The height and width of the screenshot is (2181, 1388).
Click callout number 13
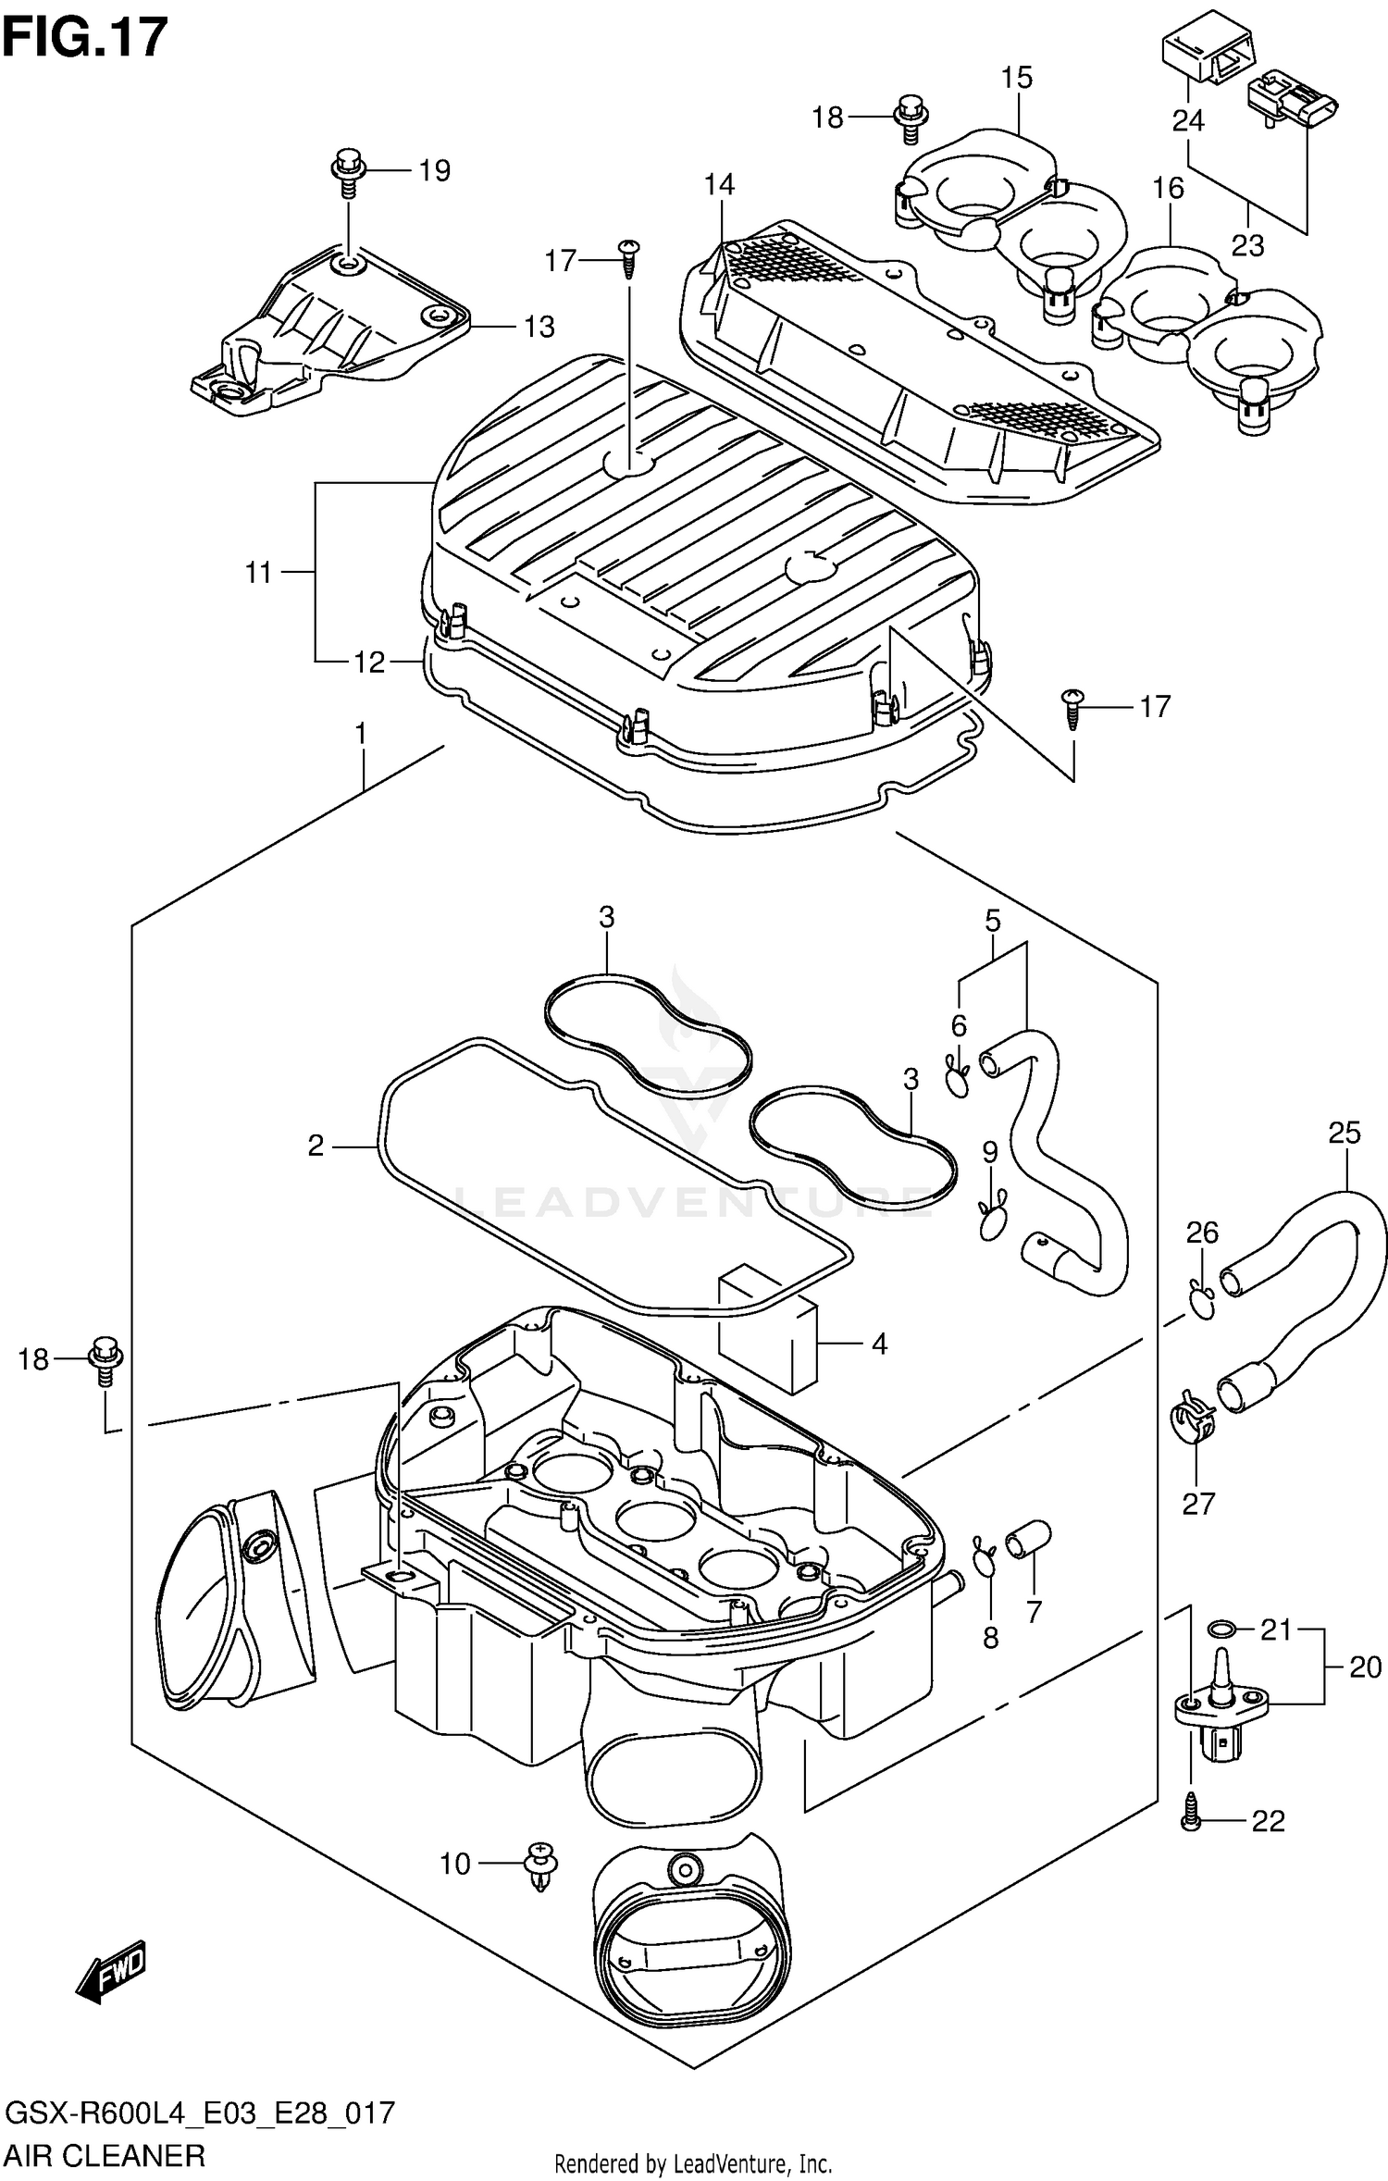tap(539, 327)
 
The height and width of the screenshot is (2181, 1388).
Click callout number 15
tap(1016, 78)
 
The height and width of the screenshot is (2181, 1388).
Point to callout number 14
tap(719, 185)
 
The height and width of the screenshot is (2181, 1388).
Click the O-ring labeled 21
tap(1221, 1629)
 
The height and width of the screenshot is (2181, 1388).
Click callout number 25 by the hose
tap(1345, 1133)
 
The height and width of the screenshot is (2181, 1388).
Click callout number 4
tap(879, 1344)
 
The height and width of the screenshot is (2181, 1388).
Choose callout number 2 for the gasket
tap(316, 1146)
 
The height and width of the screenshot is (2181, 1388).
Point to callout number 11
tap(258, 573)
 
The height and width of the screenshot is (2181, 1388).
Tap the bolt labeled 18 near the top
tap(906, 118)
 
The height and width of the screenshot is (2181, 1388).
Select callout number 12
tap(369, 662)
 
